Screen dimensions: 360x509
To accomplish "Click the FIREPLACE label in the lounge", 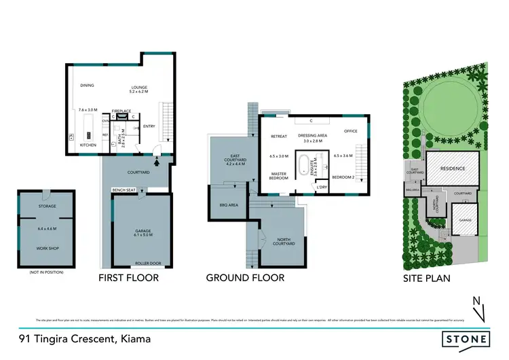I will click(x=121, y=110).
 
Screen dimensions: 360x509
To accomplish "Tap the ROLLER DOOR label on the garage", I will click(x=143, y=263).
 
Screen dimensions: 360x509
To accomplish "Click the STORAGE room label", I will click(x=47, y=206).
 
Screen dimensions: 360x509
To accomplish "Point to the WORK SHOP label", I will click(x=47, y=249).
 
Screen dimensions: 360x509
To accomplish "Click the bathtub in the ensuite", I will click(x=305, y=164).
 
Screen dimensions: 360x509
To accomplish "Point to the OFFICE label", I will click(x=350, y=130).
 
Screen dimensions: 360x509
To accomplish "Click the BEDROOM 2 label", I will click(x=343, y=176).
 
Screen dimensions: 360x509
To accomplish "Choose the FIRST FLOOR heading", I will click(x=128, y=278).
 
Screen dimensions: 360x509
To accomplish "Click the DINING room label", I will click(x=87, y=86).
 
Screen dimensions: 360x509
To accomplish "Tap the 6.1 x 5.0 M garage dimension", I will click(x=143, y=237).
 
